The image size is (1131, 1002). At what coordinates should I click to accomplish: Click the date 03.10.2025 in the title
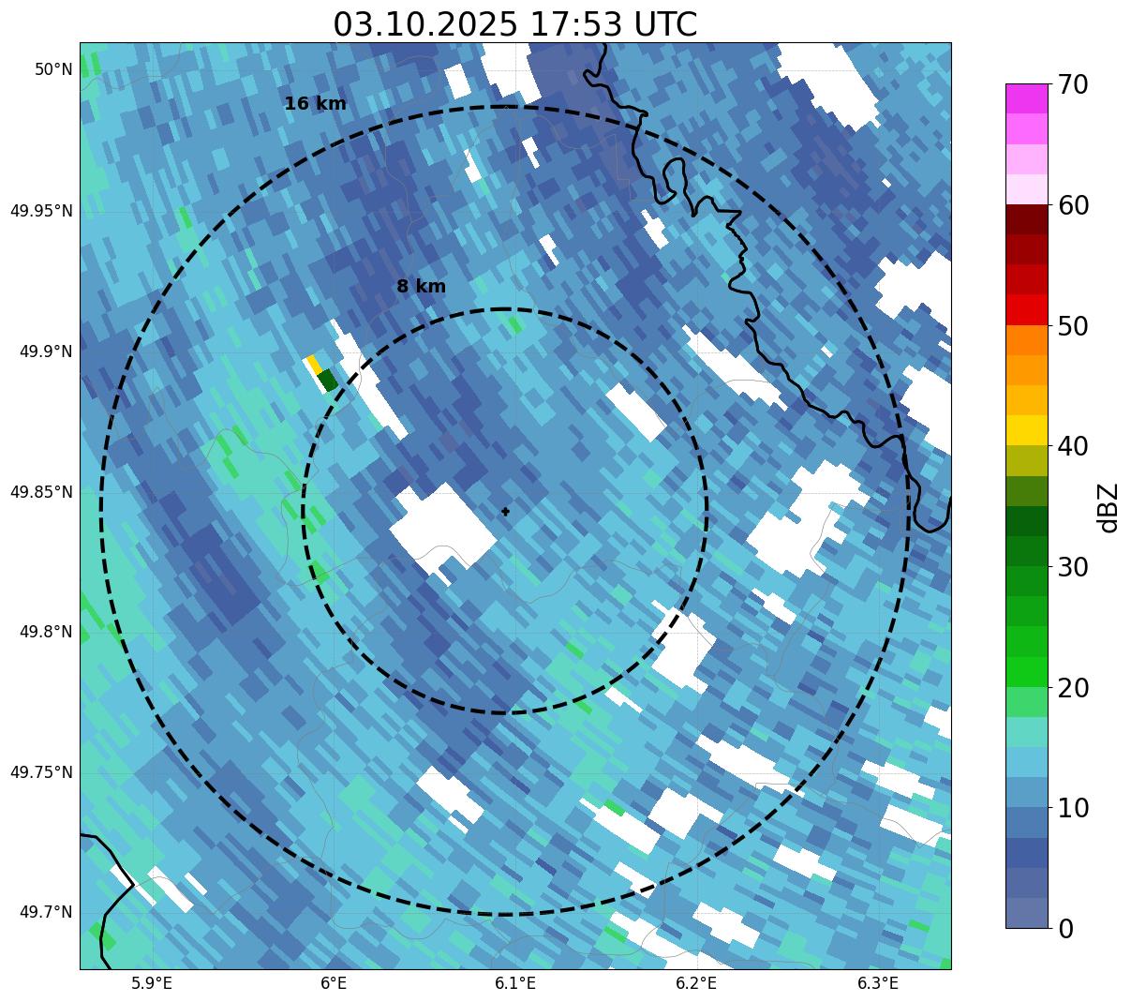[424, 24]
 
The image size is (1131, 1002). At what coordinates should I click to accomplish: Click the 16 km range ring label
[315, 104]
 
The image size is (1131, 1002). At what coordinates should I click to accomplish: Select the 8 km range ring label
[421, 287]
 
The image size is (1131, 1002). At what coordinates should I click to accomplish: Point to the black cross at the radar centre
[506, 512]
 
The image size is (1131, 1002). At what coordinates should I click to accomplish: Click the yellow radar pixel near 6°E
[313, 364]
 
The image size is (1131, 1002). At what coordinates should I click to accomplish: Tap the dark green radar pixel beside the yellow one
[327, 381]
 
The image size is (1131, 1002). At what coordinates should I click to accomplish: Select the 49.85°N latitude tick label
[41, 492]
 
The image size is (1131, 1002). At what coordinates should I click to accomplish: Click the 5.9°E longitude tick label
[152, 983]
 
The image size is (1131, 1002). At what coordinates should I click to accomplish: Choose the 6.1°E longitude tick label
[514, 983]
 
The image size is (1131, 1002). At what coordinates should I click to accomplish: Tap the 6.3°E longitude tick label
[878, 983]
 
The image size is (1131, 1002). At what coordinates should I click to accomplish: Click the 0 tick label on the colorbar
[1065, 929]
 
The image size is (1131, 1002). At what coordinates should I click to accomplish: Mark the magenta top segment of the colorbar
[1026, 98]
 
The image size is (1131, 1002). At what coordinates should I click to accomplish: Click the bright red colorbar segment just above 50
[1026, 309]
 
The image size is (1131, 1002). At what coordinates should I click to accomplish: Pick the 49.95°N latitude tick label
[41, 211]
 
